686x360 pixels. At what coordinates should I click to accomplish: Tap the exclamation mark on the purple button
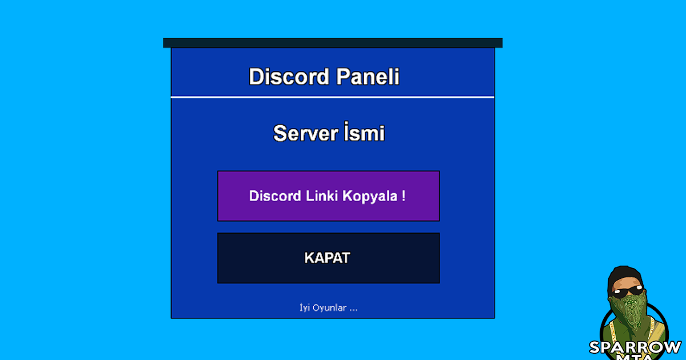404,196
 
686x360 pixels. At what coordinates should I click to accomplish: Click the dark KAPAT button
328,258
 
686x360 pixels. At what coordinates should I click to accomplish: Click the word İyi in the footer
305,308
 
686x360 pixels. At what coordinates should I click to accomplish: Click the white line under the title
332,97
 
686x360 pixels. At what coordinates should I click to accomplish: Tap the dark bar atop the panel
332,43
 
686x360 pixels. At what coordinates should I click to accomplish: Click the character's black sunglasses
627,294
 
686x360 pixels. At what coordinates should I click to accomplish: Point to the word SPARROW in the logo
635,347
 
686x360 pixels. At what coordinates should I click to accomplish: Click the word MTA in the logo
635,357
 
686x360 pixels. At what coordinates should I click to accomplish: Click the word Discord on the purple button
276,196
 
